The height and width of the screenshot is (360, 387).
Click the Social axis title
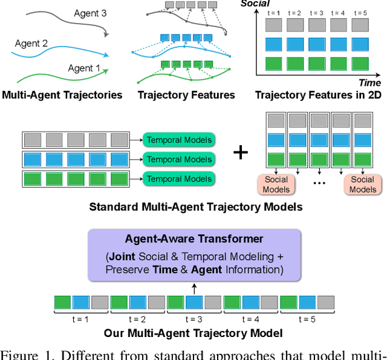coord(255,4)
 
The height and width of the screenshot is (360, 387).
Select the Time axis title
coord(369,83)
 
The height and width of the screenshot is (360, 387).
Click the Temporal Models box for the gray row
coord(180,140)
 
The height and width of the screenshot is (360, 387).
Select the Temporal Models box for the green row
coord(180,178)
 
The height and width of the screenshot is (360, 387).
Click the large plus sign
coord(241,151)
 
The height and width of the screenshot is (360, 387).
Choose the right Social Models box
coord(362,184)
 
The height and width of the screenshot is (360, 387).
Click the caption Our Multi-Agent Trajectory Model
coord(193,333)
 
